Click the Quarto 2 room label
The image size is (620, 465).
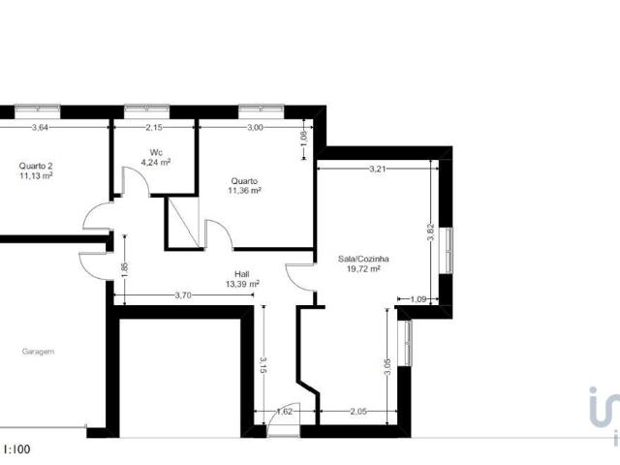(35, 165)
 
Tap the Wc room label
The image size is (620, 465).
(156, 151)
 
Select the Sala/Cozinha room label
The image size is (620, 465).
(363, 259)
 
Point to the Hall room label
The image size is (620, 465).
(242, 274)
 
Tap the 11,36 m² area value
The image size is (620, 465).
(244, 191)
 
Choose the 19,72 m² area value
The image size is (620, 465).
(363, 269)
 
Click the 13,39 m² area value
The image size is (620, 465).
(242, 285)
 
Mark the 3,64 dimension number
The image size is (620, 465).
(41, 127)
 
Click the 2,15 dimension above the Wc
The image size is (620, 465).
(154, 127)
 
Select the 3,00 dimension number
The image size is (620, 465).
(255, 127)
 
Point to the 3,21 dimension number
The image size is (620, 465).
(378, 170)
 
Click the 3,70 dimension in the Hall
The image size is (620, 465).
(181, 294)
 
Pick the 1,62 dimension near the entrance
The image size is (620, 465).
(285, 412)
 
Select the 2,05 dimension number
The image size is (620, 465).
(357, 412)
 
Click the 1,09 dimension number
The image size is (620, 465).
(418, 298)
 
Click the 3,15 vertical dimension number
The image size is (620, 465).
(262, 365)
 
